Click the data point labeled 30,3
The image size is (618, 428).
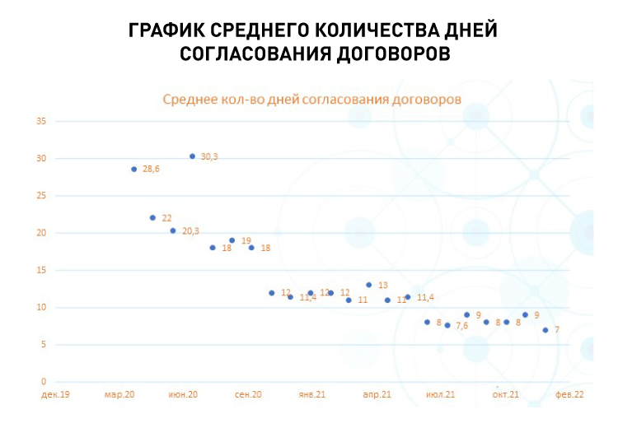192,156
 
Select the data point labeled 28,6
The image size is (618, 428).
133,169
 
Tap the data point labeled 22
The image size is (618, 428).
152,217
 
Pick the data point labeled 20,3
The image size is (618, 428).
172,230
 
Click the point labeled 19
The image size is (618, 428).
232,240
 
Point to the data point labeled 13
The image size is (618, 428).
368,285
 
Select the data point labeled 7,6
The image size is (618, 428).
447,325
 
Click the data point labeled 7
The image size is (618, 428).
545,330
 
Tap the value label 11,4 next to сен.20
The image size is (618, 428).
307,297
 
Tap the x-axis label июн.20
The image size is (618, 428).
183,395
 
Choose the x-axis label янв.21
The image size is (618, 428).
311,395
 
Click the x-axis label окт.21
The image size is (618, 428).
505,395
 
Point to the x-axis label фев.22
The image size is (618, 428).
569,395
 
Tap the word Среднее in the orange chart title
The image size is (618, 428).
189,99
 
